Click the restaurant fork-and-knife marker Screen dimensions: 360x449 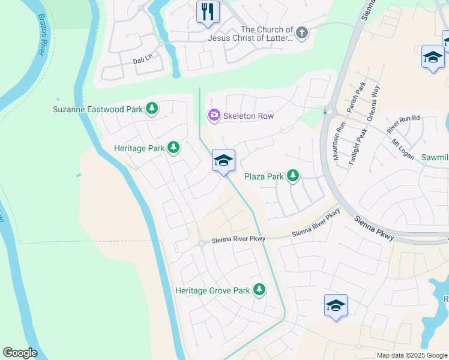tap(208, 11)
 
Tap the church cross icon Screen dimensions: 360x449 tap(302, 33)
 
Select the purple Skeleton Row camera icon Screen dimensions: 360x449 tap(213, 115)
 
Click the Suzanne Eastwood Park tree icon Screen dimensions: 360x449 tap(152, 109)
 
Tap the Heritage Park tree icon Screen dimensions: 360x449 tap(173, 147)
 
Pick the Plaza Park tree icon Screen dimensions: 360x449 tap(292, 176)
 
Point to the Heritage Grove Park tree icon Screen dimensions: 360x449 tap(259, 290)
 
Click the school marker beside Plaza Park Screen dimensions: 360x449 tap(223, 160)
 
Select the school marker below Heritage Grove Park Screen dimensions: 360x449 tap(336, 305)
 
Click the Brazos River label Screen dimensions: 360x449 tap(41, 35)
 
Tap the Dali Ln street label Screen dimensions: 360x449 tap(144, 61)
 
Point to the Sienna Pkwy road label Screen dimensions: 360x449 tap(373, 229)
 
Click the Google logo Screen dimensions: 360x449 tap(20, 353)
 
